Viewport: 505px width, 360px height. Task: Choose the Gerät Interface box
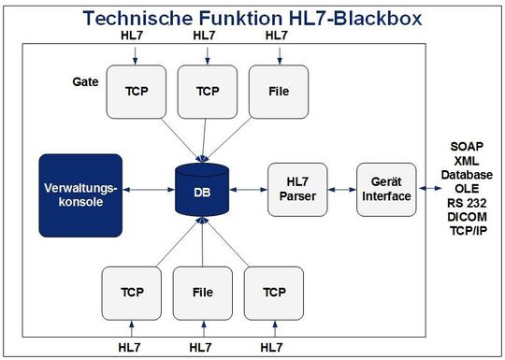[x=384, y=189]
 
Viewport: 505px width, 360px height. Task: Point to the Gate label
[x=85, y=82]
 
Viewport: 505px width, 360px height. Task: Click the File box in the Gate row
[x=277, y=92]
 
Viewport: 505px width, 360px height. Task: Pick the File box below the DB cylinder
[x=202, y=292]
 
